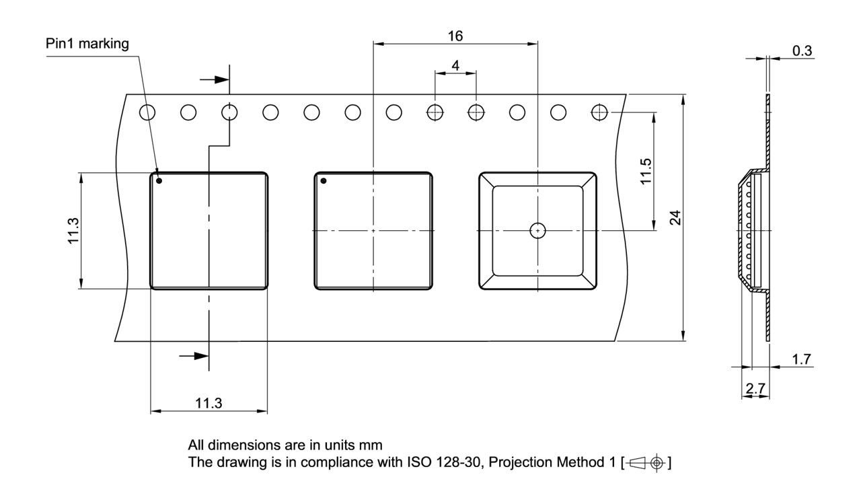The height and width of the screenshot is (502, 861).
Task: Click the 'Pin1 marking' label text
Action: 87,44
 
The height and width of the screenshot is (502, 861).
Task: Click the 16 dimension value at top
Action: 455,35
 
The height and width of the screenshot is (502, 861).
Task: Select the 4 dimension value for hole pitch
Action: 455,65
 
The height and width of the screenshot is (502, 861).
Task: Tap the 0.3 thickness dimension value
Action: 802,51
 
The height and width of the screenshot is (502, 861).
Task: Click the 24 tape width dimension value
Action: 675,218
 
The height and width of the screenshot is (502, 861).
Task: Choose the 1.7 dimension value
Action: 802,359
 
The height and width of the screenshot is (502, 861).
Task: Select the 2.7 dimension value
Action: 755,388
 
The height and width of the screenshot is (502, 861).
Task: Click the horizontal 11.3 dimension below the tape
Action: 209,403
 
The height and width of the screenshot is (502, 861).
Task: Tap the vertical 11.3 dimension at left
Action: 73,231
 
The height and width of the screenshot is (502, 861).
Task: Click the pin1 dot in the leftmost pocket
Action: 159,180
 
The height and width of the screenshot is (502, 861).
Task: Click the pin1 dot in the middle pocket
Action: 324,180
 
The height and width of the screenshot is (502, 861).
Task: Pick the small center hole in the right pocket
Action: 537,230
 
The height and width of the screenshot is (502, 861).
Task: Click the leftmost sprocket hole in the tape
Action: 147,112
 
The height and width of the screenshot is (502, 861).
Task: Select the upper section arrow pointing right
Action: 214,79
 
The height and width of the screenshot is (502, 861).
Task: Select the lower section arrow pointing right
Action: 195,355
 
